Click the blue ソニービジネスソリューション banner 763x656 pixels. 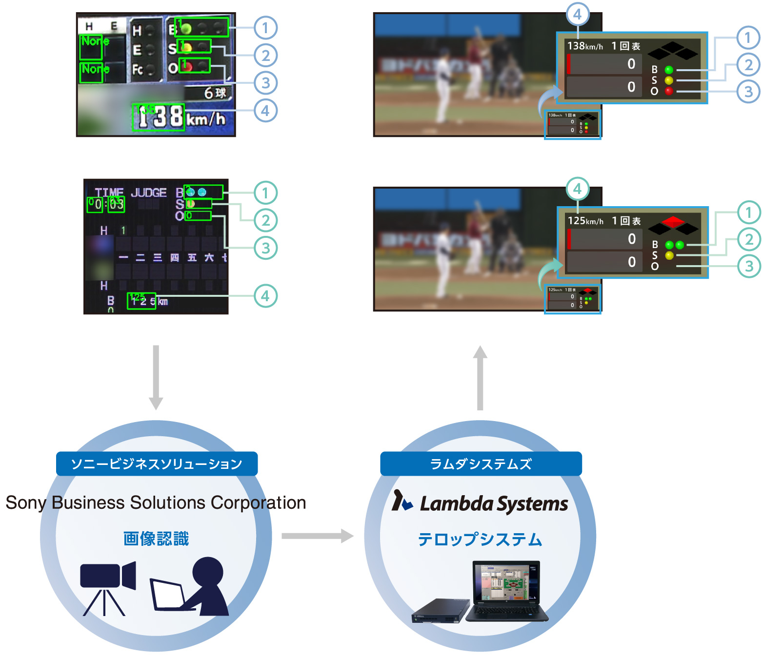(157, 463)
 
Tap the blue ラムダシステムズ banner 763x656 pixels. (481, 463)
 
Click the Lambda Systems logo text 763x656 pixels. (494, 503)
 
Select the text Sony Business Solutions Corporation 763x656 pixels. (156, 502)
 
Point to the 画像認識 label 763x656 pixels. (156, 539)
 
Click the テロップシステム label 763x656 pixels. (480, 539)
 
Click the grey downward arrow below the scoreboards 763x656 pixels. (156, 378)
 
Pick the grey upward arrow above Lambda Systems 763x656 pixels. (480, 378)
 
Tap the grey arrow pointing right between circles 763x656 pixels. (317, 536)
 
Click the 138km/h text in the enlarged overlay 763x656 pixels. (585, 46)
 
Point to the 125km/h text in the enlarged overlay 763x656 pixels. (585, 221)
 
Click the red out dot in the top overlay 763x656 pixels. (669, 91)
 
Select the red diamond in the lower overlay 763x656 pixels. (673, 222)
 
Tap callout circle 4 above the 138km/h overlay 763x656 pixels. (577, 15)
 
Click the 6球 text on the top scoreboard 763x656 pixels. (215, 93)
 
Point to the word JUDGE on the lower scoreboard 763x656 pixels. (149, 193)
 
